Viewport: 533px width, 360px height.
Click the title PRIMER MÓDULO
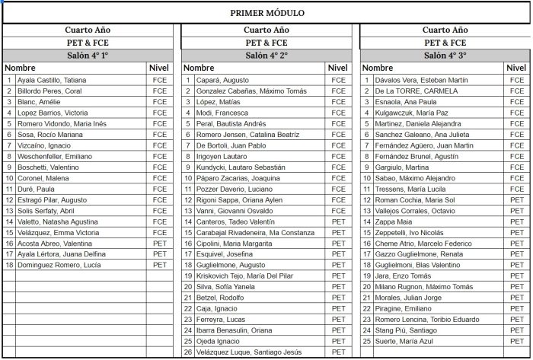coord(266,13)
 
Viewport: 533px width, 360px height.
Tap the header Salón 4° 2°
coord(266,56)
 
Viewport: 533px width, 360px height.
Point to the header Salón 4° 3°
coord(445,56)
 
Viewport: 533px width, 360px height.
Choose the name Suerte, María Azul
coord(404,341)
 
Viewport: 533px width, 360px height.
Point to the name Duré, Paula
coord(36,189)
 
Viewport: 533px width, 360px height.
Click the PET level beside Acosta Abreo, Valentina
coord(159,243)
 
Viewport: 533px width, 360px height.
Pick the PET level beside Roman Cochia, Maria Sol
coord(517,199)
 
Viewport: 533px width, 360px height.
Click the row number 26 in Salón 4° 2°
coord(188,352)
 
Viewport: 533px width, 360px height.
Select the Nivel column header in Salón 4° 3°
coord(516,68)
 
